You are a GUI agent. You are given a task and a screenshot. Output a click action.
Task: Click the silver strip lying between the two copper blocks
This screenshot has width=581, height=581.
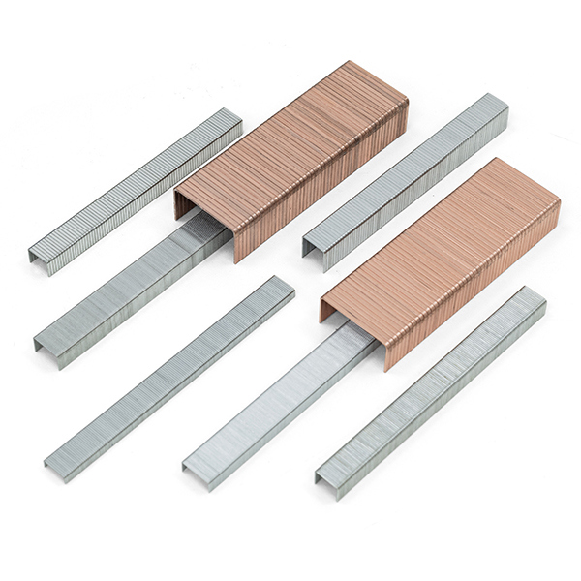[x=407, y=179]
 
